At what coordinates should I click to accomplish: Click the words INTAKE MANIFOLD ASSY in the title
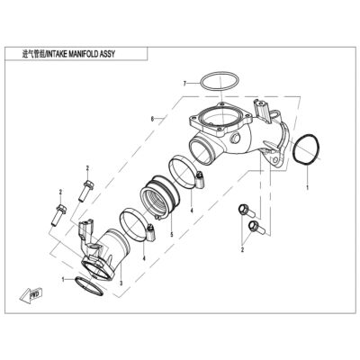tap(80, 54)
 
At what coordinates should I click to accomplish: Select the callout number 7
tap(185, 83)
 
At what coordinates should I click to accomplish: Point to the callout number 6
tap(152, 119)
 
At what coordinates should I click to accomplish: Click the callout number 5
tap(172, 235)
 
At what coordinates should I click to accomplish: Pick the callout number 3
tap(121, 283)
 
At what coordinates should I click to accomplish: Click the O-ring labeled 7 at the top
tap(220, 81)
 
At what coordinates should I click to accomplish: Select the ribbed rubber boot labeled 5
tap(160, 198)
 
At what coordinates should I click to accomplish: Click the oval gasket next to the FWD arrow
tap(89, 285)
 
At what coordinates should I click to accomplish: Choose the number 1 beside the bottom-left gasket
tap(63, 280)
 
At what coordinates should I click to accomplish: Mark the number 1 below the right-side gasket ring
tap(307, 187)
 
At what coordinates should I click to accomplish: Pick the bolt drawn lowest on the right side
tap(256, 227)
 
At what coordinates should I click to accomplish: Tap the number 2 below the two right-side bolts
tap(242, 249)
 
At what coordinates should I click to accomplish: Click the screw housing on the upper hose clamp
tap(199, 178)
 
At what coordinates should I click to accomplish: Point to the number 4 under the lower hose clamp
tap(144, 257)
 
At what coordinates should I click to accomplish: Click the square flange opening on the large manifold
tap(220, 118)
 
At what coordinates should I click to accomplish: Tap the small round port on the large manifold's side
tap(235, 138)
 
